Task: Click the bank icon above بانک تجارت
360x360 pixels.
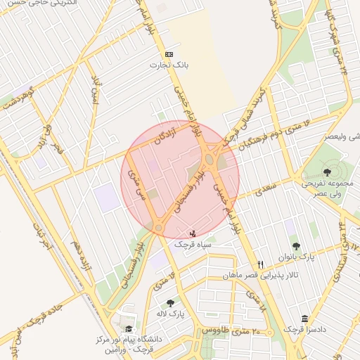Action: coord(169,54)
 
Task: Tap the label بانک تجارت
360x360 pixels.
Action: coord(169,65)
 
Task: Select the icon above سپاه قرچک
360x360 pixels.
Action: coord(193,233)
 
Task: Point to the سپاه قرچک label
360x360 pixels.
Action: coord(193,244)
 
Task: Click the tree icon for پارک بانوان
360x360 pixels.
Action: coord(296,246)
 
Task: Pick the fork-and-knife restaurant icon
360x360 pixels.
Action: coord(260,264)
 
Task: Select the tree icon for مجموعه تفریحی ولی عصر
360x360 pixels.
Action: coord(327,172)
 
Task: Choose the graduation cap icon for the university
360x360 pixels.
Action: coord(128,328)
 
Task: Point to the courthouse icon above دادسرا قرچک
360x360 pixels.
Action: coord(304,319)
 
